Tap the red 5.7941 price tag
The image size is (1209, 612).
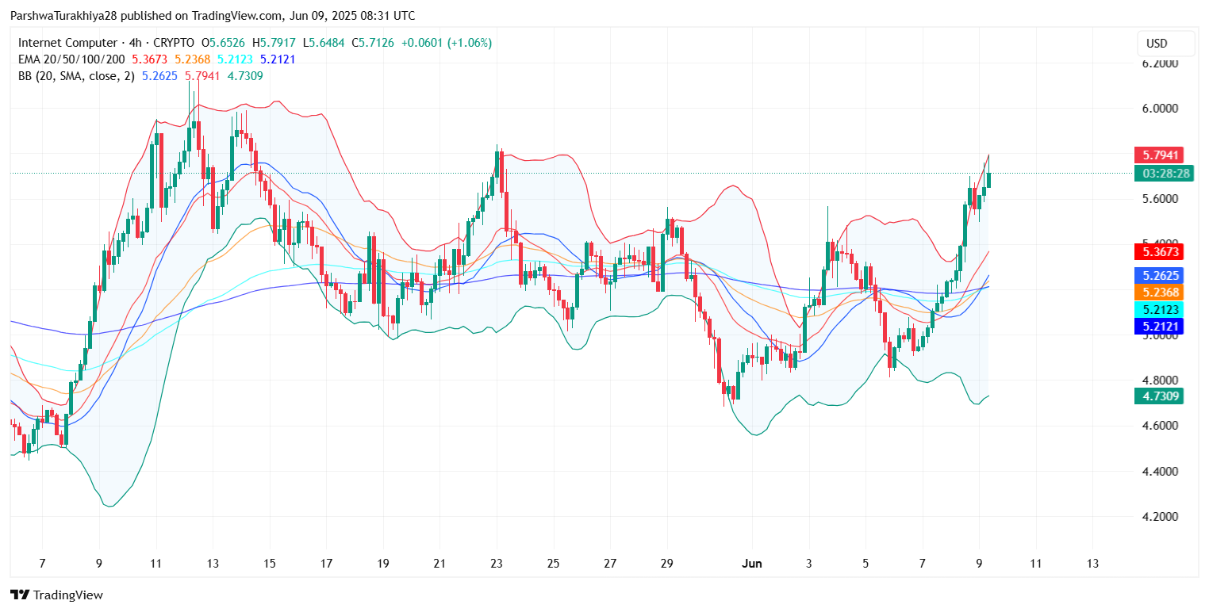pyautogui.click(x=1159, y=155)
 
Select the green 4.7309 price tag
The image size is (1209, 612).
pyautogui.click(x=1159, y=396)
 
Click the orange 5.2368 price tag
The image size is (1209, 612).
pyautogui.click(x=1159, y=293)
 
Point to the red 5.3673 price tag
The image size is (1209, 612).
pyautogui.click(x=1159, y=253)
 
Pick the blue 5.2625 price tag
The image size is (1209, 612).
pyautogui.click(x=1159, y=276)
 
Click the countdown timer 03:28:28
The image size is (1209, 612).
pyautogui.click(x=1159, y=174)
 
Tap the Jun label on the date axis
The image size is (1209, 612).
pyautogui.click(x=751, y=564)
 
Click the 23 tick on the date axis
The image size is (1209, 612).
pyautogui.click(x=497, y=564)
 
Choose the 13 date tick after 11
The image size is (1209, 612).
pyautogui.click(x=1092, y=564)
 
